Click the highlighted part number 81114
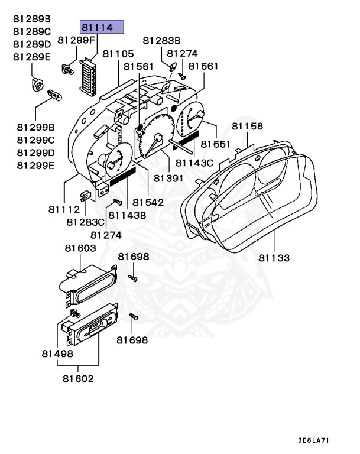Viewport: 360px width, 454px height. point(102,27)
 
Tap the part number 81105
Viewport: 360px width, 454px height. point(118,54)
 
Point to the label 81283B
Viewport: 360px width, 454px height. point(162,40)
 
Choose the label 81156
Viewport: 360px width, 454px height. point(247,126)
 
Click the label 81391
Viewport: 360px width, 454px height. point(168,177)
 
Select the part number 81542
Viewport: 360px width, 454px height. point(148,202)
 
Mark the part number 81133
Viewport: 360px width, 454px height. point(274,258)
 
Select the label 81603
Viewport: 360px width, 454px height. point(80,249)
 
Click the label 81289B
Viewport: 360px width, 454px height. point(33,18)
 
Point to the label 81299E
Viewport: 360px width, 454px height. point(35,165)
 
